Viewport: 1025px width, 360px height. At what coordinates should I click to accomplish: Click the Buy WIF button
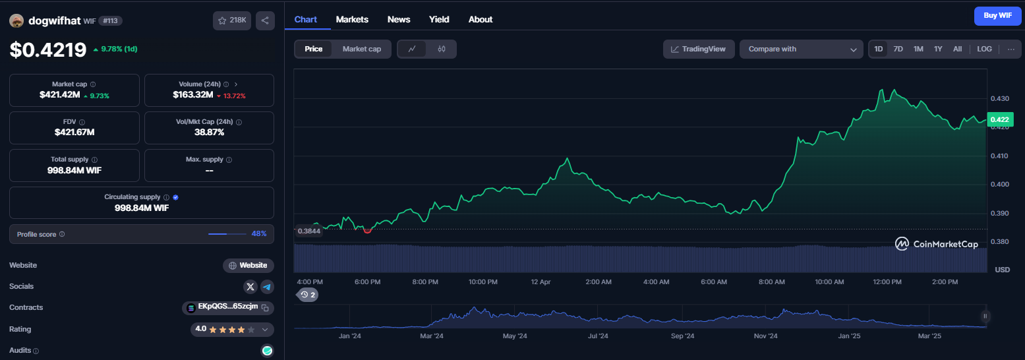[997, 16]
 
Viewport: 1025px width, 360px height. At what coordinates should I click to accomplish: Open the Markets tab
[352, 19]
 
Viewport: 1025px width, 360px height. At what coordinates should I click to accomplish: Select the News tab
[399, 19]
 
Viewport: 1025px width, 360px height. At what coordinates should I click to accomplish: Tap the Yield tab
[439, 19]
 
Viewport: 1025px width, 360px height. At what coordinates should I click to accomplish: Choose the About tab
[480, 19]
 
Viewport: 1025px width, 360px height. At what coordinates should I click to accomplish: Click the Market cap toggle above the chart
[361, 49]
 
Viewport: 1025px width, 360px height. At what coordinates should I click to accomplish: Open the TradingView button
[699, 49]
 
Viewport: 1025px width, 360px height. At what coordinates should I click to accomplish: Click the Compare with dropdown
[802, 49]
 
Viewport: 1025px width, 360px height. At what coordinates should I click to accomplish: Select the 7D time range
[898, 49]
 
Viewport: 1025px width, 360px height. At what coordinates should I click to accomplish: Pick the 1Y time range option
[938, 49]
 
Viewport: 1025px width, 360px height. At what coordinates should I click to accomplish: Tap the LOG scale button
[984, 49]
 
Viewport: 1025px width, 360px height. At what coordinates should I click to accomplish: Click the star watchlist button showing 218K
[232, 20]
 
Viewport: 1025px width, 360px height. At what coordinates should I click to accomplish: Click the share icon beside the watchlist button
[265, 20]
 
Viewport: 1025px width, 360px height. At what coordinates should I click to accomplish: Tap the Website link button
[249, 265]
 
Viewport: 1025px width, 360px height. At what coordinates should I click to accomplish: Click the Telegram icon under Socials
[267, 287]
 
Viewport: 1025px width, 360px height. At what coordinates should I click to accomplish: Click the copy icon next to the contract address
[266, 308]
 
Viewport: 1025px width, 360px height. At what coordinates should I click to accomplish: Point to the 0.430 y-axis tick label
[999, 98]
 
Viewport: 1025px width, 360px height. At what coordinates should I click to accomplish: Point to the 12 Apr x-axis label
[541, 282]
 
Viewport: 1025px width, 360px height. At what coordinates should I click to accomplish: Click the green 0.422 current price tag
[1000, 119]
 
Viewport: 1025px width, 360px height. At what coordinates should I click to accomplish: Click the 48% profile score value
[259, 234]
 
